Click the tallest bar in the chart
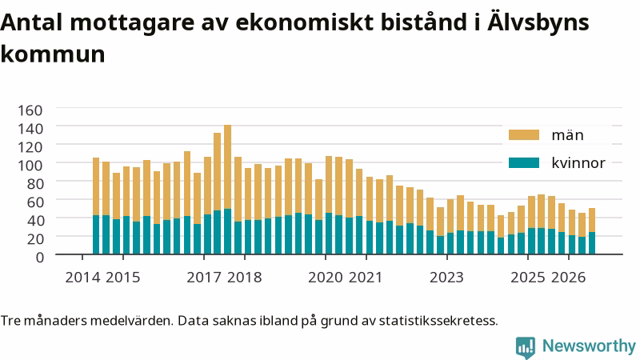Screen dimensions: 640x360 227,190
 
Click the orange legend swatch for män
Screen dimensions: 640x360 524,135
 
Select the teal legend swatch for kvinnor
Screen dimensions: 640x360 524,163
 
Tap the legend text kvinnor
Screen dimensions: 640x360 578,163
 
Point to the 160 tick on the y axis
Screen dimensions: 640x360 30,110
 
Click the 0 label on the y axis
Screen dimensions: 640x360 39,257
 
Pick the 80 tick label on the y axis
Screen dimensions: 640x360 34,184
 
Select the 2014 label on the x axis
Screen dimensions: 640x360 82,277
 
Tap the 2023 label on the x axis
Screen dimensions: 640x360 446,277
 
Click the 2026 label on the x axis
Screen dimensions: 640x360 568,277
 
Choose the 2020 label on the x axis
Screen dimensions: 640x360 326,277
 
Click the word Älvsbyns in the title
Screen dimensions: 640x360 538,22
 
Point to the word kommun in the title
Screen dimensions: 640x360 53,54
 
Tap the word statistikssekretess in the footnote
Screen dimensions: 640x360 438,321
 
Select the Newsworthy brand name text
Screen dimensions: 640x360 589,346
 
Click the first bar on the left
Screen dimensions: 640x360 96,206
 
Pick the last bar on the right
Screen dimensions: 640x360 592,231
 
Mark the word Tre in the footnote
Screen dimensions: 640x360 10,321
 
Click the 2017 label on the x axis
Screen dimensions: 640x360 204,277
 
